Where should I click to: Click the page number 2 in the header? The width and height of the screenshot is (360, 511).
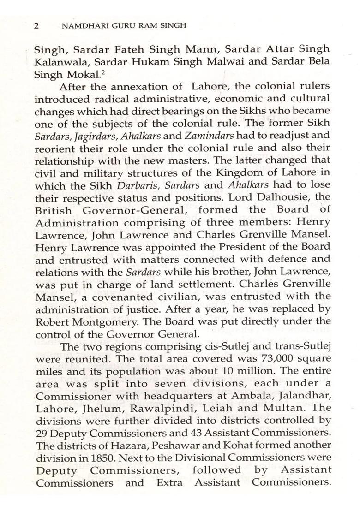[36, 26]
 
